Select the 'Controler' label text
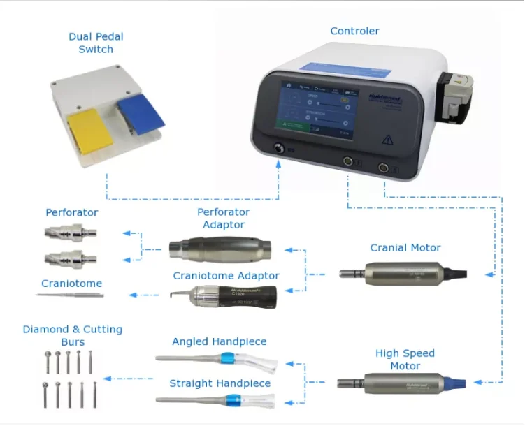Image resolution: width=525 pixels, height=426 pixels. pyautogui.click(x=354, y=31)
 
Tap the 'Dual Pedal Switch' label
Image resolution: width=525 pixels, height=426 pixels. pyautogui.click(x=96, y=43)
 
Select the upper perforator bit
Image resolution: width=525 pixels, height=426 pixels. pyautogui.click(x=71, y=233)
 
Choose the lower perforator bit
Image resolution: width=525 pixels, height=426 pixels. pyautogui.click(x=71, y=258)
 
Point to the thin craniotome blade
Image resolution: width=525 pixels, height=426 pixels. pyautogui.click(x=70, y=295)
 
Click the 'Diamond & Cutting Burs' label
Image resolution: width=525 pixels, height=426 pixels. pyautogui.click(x=72, y=335)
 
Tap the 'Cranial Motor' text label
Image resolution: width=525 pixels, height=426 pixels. pyautogui.click(x=405, y=248)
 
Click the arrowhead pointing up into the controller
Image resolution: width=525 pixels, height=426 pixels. pyautogui.click(x=279, y=163)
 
